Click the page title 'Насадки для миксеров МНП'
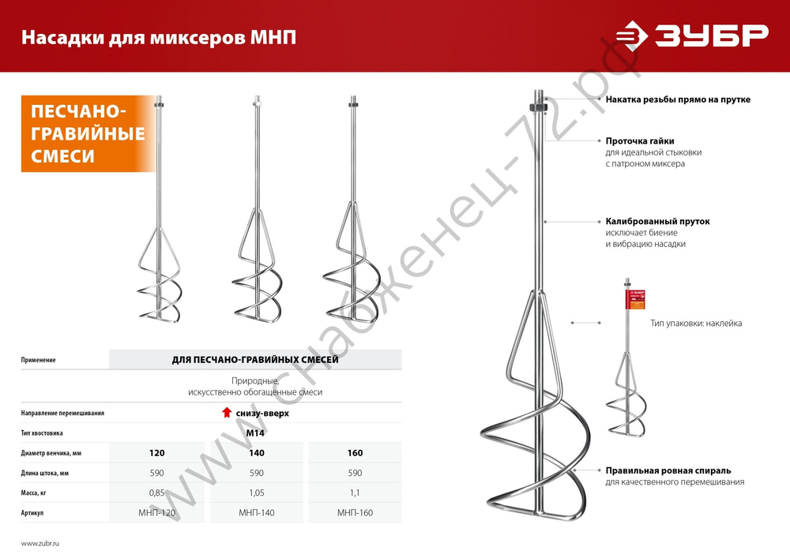coord(158,37)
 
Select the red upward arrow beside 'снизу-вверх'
coord(227,413)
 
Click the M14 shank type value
coord(254,433)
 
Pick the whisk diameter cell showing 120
coord(156,453)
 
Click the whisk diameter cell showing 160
coord(355,453)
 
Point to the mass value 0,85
coord(156,493)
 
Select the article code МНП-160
coord(355,513)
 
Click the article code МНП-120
coord(156,513)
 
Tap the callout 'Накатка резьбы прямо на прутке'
coord(678,100)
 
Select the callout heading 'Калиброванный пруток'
coord(657,222)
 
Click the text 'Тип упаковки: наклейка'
coord(696,324)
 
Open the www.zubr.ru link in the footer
coord(40,544)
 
